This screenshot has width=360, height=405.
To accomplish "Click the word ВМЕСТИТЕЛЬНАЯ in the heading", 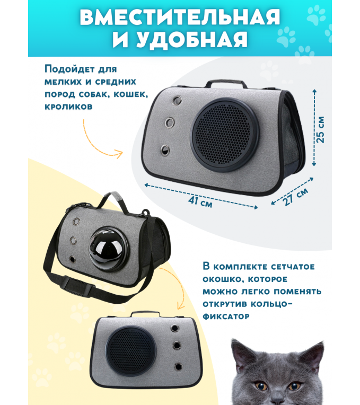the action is (180, 17).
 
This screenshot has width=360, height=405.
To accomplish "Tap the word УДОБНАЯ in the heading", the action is (192, 40).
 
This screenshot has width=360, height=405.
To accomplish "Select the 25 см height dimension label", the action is (320, 129).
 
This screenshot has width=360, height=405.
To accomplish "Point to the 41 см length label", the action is (200, 201).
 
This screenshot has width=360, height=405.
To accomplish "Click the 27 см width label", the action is (296, 196).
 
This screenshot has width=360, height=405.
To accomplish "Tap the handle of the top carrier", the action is (226, 84).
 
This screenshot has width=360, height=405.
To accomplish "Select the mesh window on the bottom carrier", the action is (130, 350).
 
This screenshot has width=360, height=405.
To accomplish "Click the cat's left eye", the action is (261, 386).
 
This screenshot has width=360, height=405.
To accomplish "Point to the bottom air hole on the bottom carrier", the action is (178, 366).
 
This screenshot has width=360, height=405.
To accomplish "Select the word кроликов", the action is (68, 107).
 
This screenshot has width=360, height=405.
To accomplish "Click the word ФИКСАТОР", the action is (226, 316).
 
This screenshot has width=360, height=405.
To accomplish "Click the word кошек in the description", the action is (130, 94).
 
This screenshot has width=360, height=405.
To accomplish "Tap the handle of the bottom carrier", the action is (145, 314).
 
